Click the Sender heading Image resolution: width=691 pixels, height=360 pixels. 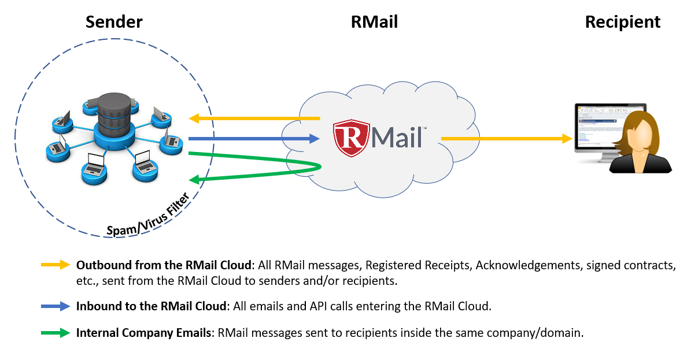114,23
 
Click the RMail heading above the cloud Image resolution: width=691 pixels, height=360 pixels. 374,23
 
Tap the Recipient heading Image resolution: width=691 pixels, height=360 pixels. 622,23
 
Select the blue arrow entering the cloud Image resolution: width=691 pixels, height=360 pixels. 254,139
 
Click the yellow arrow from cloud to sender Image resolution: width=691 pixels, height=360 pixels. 254,118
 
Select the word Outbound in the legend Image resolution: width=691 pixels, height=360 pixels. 100,265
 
